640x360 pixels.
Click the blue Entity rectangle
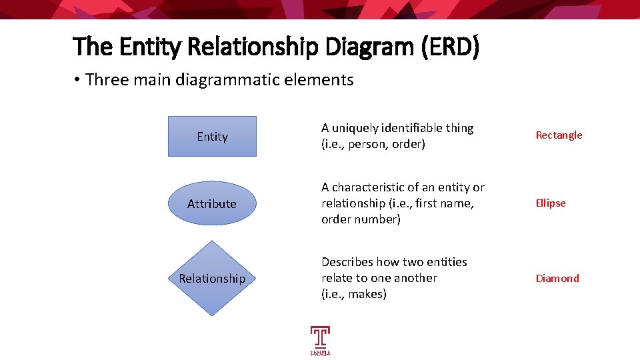pos(212,137)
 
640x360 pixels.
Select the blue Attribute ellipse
pos(212,204)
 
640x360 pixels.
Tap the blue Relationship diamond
pos(212,278)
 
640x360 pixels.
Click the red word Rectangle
pos(559,135)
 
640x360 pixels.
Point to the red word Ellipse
pos(551,203)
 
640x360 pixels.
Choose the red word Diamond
pos(557,279)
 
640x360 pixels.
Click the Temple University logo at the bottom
pos(320,341)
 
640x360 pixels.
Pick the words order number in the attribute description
pos(361,219)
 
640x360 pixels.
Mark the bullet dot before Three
pos(77,80)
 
